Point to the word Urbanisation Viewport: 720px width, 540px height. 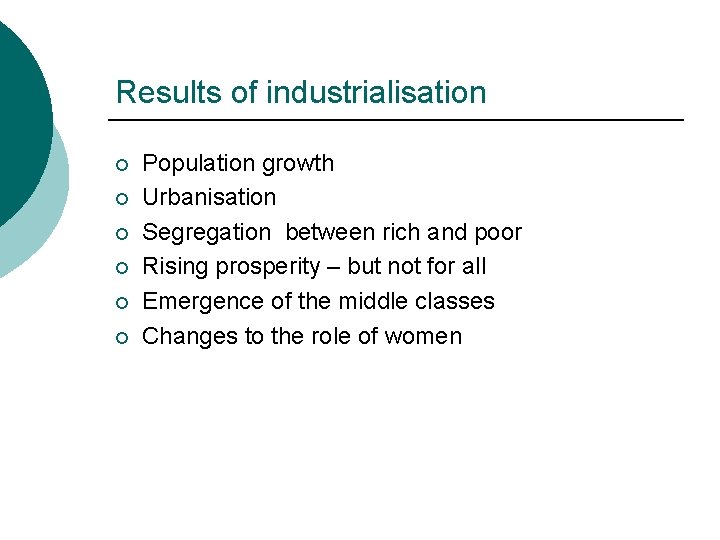(209, 198)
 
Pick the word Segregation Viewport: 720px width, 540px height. (206, 233)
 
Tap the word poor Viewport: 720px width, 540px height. (498, 233)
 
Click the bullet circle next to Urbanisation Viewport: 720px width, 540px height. (122, 199)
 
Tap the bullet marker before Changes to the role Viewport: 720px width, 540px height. (122, 337)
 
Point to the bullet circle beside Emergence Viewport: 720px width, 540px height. (122, 302)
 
